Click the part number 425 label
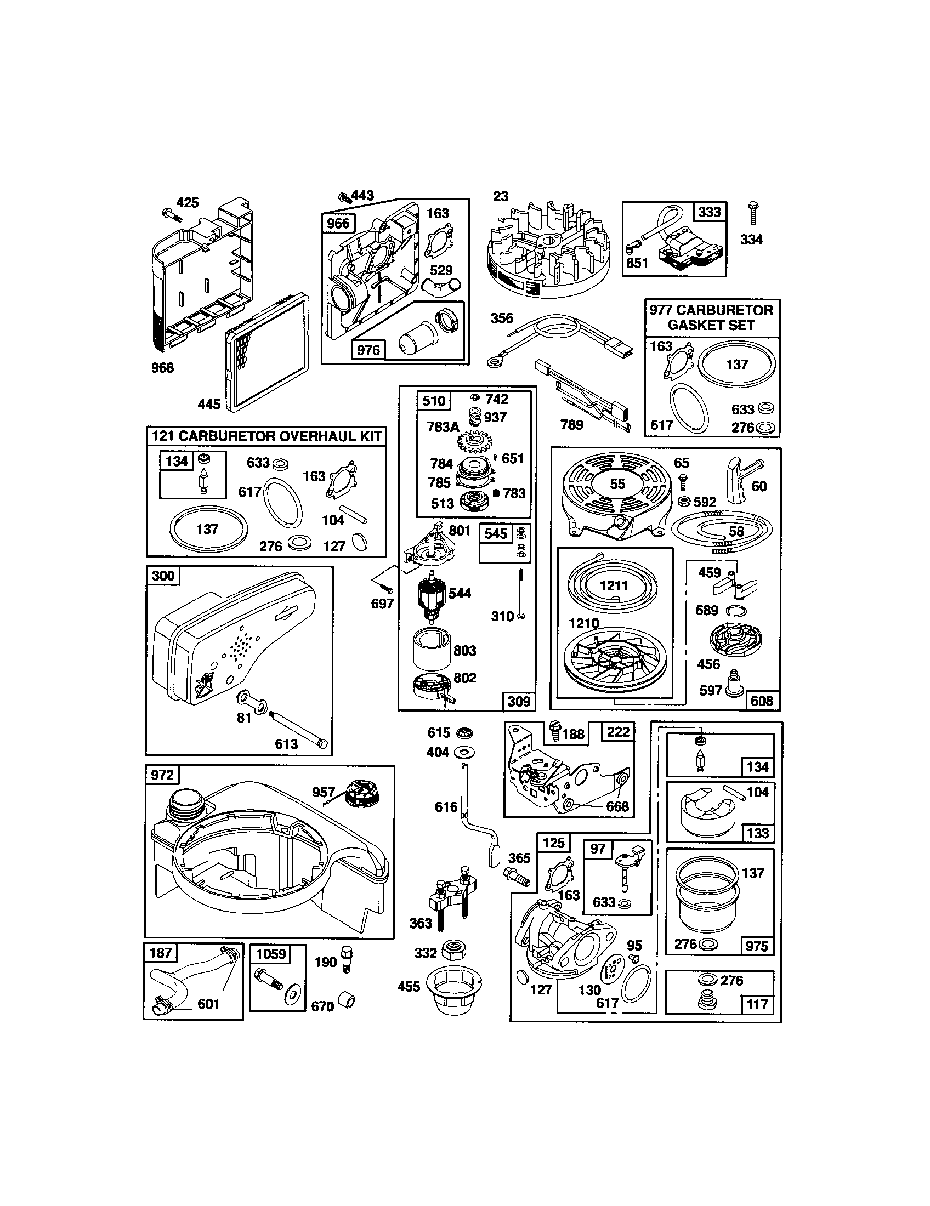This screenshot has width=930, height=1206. point(187,203)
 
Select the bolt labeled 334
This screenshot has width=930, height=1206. point(752,214)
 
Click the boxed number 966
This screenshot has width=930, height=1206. point(338,223)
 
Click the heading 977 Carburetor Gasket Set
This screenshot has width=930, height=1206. point(711,317)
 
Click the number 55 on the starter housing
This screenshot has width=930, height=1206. point(617,483)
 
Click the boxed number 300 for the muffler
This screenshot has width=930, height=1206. point(163,576)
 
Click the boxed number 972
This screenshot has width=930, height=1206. point(162,775)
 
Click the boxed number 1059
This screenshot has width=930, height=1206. point(271,955)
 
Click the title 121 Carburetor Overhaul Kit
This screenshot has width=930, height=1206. point(266,436)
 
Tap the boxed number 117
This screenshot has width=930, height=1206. point(757,1004)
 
